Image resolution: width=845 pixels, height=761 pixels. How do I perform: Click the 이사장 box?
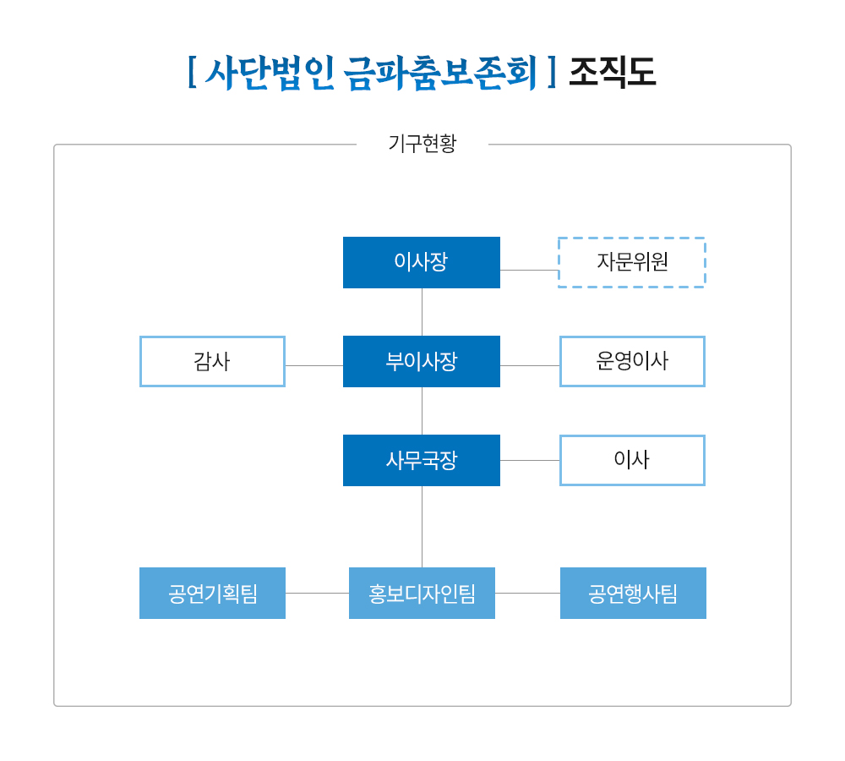point(422,262)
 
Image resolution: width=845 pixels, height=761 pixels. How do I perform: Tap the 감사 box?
point(212,361)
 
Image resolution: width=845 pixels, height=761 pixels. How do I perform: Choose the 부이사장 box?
point(422,361)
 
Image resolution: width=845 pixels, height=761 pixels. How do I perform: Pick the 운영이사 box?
point(632,361)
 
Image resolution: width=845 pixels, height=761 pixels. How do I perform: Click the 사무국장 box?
point(422,460)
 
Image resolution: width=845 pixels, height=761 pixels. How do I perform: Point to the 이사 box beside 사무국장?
point(632,460)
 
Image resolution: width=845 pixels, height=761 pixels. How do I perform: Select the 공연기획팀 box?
point(212,593)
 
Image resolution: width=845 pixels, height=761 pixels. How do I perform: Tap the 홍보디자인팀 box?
point(422,593)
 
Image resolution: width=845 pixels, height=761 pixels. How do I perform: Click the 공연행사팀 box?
point(633,593)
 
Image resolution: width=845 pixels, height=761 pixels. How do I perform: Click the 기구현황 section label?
point(422,144)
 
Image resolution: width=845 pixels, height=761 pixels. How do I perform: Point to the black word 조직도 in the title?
point(612,72)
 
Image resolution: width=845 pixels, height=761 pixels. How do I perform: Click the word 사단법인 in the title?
point(270,72)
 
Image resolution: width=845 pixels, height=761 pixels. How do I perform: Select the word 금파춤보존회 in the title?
point(440,72)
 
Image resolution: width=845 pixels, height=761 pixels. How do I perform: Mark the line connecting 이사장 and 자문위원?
point(529,271)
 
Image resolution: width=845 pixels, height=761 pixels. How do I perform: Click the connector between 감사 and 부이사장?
point(314,365)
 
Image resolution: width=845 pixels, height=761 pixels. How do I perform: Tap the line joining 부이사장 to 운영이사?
point(530,365)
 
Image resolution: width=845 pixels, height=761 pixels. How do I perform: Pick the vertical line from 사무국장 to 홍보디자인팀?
point(422,527)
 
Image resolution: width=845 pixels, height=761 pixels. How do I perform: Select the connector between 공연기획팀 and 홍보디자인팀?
point(318,594)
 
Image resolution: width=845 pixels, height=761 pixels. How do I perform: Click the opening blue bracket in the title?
point(192,72)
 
